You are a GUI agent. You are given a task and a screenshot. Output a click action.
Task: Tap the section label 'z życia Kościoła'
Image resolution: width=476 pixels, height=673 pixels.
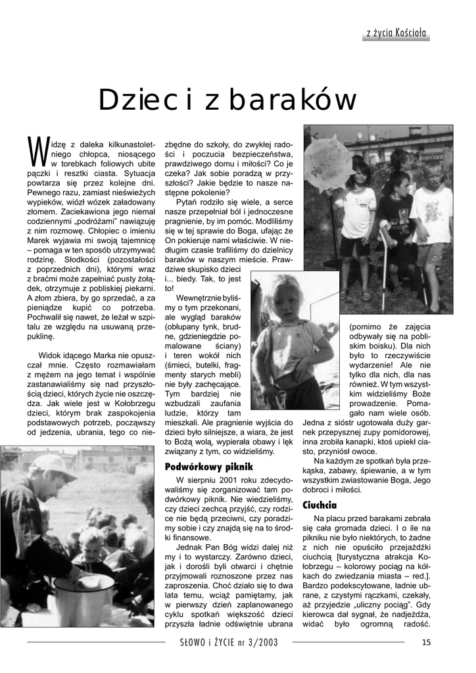pos(397,32)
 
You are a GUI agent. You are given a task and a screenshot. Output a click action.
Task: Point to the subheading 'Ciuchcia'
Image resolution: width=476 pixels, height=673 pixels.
pos(320,505)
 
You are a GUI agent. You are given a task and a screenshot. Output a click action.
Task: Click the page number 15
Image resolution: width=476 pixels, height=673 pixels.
pos(426,642)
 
